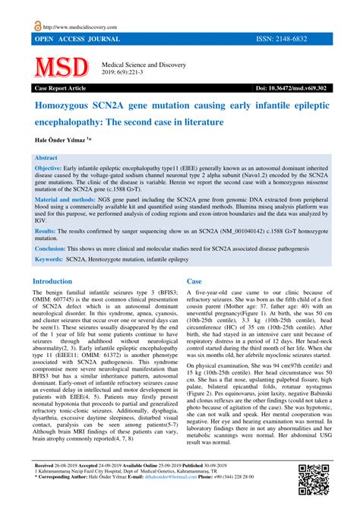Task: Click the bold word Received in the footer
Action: click(x=48, y=484)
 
